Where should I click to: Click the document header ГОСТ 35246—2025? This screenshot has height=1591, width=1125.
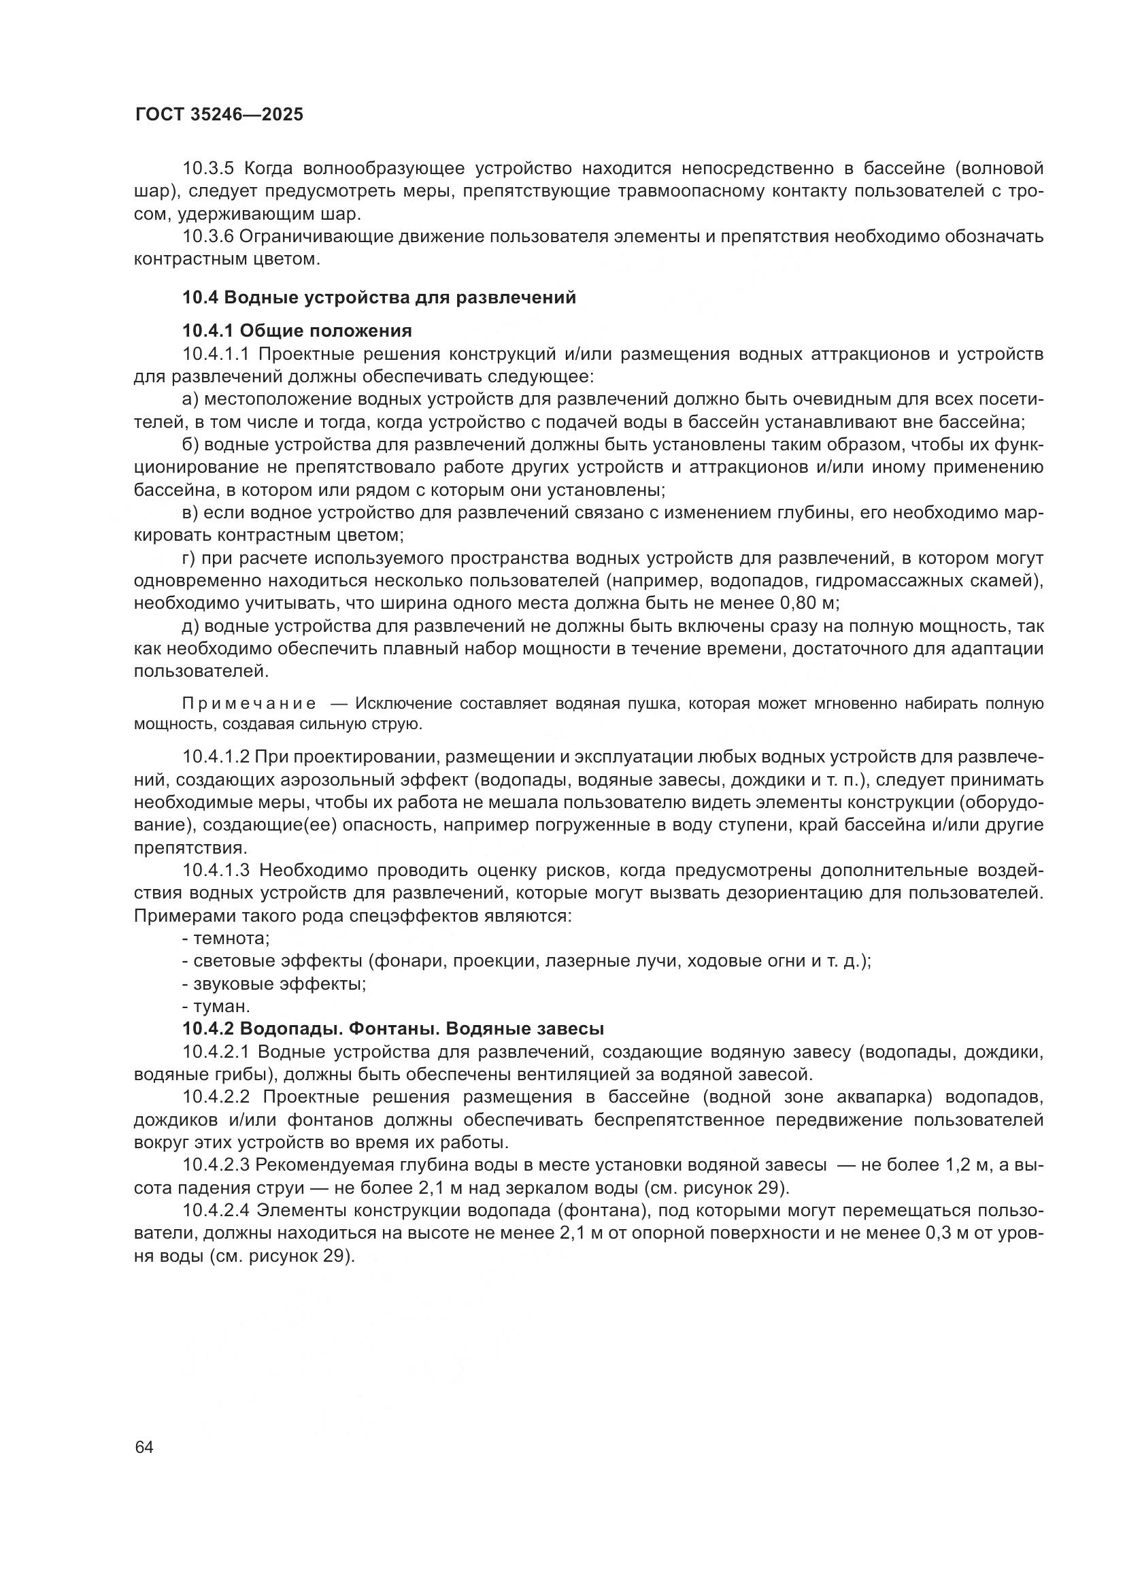point(219,115)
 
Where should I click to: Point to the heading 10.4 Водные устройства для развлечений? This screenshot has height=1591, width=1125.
point(379,297)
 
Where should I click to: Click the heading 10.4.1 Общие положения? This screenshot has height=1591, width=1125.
point(297,331)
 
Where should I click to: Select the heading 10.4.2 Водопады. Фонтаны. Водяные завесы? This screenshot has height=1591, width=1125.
point(392,1029)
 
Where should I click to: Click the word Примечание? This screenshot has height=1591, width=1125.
point(249,704)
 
